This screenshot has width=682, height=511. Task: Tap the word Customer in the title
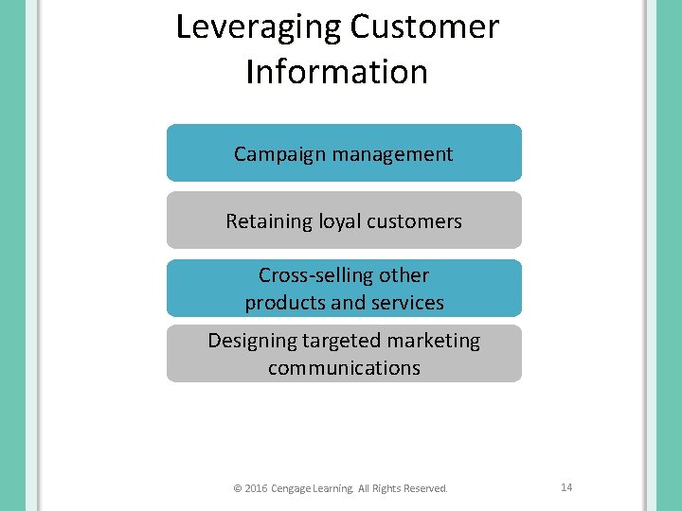pyautogui.click(x=424, y=26)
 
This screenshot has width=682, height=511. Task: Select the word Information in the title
pyautogui.click(x=336, y=72)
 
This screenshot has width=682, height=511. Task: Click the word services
pyautogui.click(x=407, y=304)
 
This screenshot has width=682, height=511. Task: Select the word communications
pyautogui.click(x=344, y=368)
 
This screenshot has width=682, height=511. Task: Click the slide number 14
pyautogui.click(x=566, y=487)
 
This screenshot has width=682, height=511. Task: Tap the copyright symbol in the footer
pyautogui.click(x=237, y=489)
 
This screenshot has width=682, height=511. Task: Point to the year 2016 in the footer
pyautogui.click(x=256, y=489)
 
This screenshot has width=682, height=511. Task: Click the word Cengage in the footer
pyautogui.click(x=296, y=489)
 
